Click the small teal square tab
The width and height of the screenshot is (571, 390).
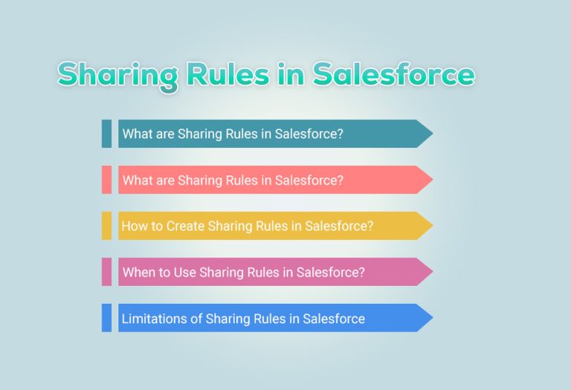coord(106,134)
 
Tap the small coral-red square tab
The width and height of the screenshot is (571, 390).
coord(106,180)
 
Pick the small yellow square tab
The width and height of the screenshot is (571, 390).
coord(106,226)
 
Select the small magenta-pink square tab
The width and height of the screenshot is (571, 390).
coord(106,272)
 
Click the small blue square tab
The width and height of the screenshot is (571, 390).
coord(106,318)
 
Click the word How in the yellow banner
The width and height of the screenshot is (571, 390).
coord(134,226)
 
